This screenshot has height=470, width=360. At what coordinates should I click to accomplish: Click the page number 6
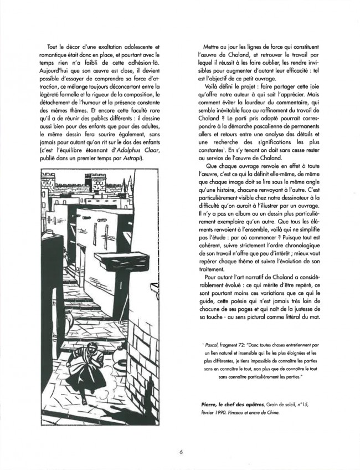(181, 452)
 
